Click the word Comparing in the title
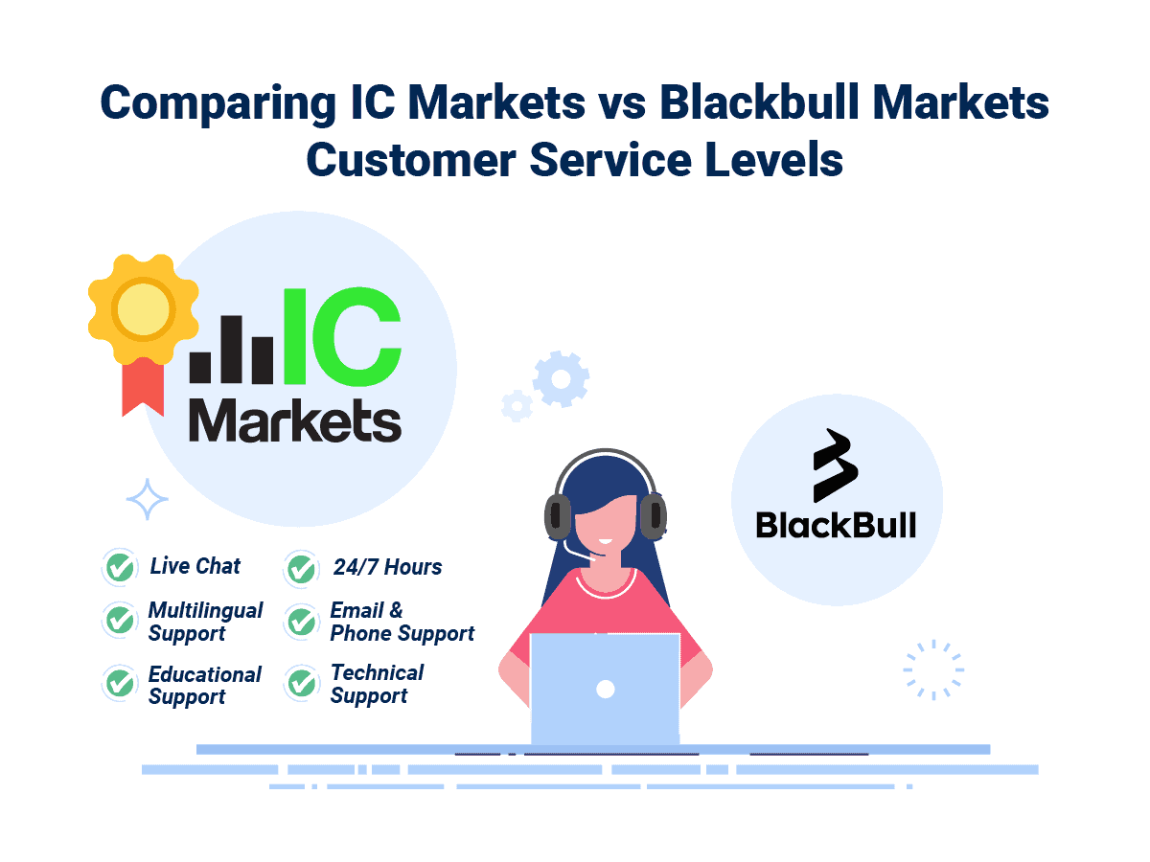click(218, 103)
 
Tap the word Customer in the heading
click(411, 160)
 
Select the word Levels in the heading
click(773, 160)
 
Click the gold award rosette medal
click(143, 308)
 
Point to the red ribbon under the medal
click(143, 387)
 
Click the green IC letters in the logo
click(342, 336)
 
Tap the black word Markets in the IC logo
click(295, 420)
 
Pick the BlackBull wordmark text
click(836, 526)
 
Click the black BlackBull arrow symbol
click(835, 465)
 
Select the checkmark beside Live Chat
click(120, 567)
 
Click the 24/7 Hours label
click(388, 567)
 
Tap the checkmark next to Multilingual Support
click(120, 621)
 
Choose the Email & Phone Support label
click(402, 623)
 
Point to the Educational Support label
click(205, 686)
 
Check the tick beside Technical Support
click(302, 683)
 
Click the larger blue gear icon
click(561, 379)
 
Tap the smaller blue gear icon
click(517, 406)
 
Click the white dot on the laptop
click(605, 690)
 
